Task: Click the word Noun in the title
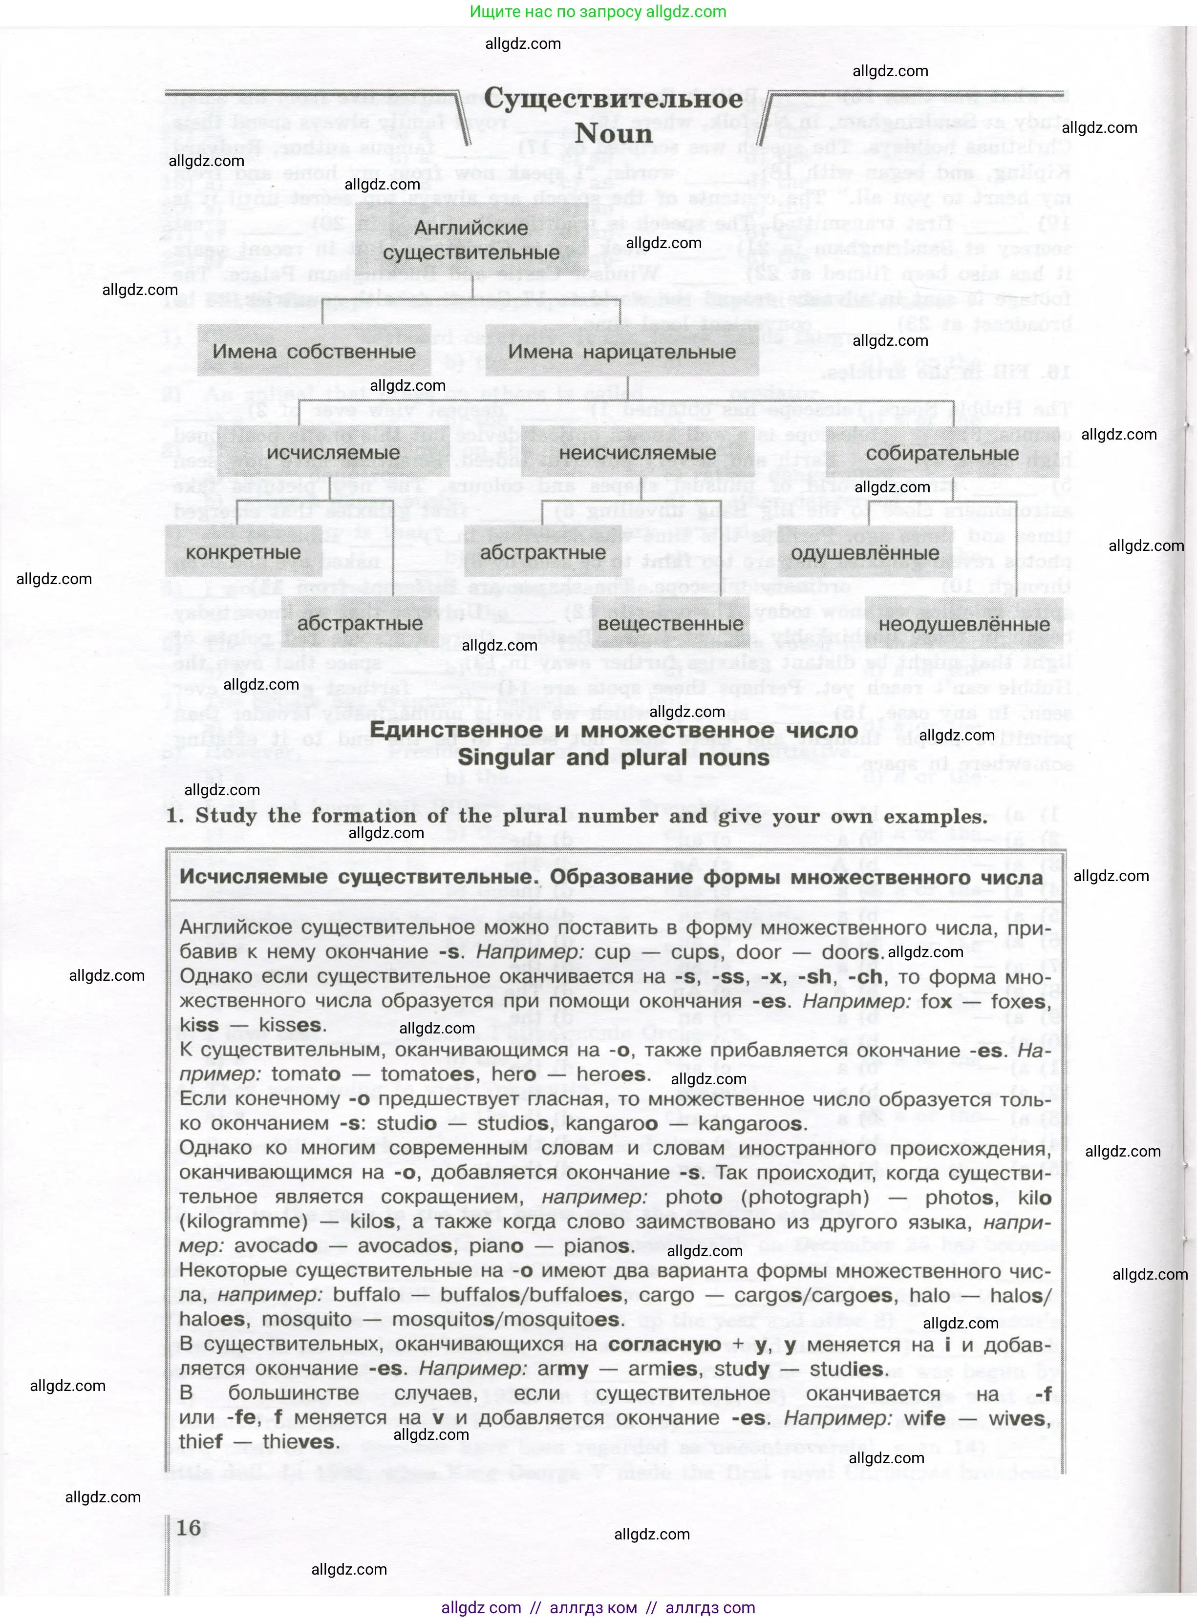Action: [614, 134]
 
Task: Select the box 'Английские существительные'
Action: [471, 240]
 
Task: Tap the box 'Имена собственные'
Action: [314, 352]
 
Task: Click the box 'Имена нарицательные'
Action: [621, 352]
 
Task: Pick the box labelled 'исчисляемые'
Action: [333, 453]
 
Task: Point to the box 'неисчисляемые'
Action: [638, 453]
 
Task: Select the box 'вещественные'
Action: [670, 624]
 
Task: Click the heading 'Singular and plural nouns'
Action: [614, 758]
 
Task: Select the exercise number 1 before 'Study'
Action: [174, 817]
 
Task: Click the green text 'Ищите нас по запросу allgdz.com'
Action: [598, 12]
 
